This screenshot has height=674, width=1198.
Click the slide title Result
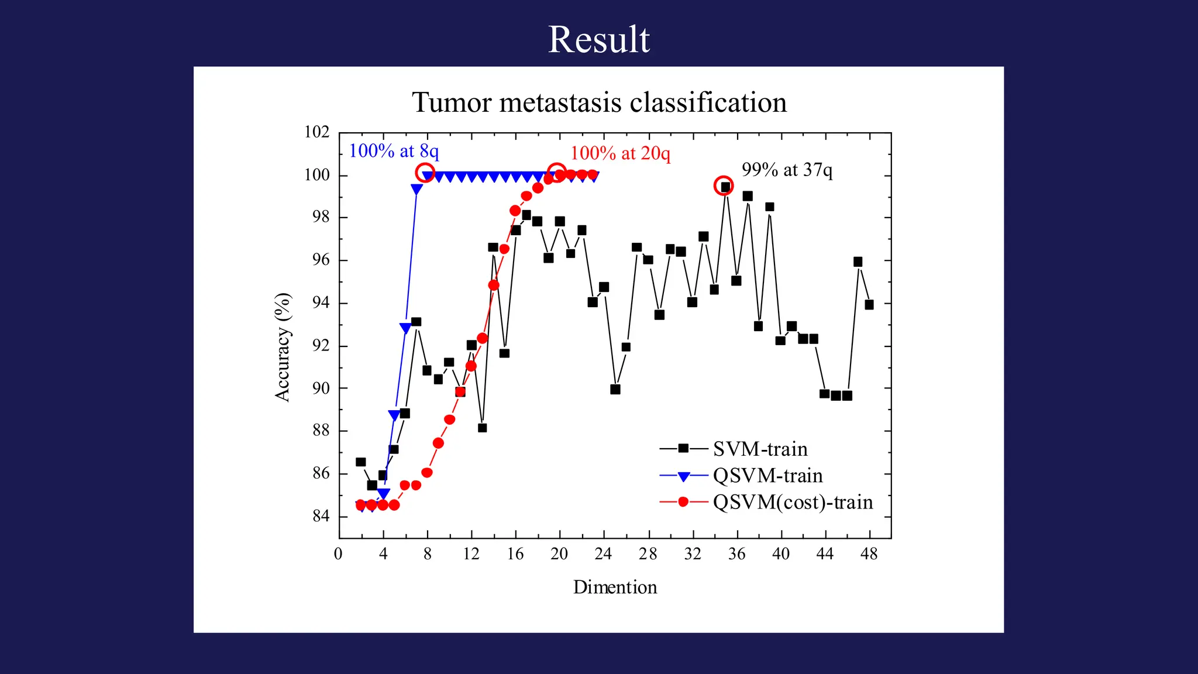(x=598, y=40)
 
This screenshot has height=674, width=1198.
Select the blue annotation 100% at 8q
(x=394, y=151)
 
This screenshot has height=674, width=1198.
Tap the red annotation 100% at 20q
(x=620, y=153)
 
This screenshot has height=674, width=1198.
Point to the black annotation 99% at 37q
(x=787, y=170)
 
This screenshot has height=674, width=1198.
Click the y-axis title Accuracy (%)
(x=283, y=347)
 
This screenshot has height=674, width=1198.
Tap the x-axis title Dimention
(x=615, y=587)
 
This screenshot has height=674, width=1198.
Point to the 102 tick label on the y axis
(x=316, y=132)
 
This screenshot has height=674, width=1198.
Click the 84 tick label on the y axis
(x=321, y=516)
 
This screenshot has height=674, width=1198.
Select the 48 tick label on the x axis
(x=869, y=553)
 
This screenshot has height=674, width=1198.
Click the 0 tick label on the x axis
(x=338, y=553)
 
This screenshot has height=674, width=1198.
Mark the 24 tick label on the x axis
(x=603, y=553)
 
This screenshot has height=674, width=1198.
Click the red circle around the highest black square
(x=724, y=185)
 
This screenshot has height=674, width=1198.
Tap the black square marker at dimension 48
(x=869, y=304)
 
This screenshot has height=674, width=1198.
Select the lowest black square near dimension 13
(x=483, y=428)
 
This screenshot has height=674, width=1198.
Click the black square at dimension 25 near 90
(x=615, y=389)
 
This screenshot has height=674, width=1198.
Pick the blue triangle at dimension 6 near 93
(x=405, y=328)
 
